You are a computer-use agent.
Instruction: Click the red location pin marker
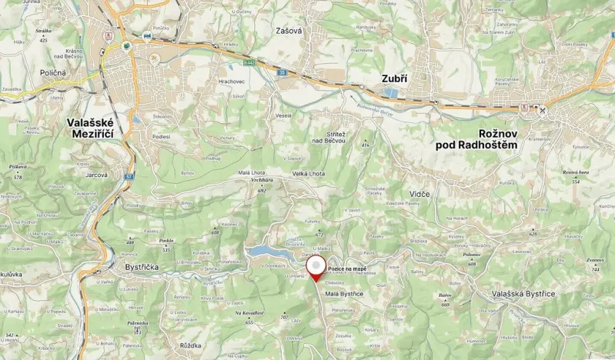316,266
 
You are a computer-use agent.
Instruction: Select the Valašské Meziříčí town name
91,128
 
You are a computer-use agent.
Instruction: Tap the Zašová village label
289,31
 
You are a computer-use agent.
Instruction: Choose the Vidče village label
419,194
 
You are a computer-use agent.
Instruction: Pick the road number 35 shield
282,72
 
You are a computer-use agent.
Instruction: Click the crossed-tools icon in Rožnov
543,110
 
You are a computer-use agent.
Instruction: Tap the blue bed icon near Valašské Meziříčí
146,35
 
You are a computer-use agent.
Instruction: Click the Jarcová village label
96,175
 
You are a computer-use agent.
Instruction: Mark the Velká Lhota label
309,174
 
